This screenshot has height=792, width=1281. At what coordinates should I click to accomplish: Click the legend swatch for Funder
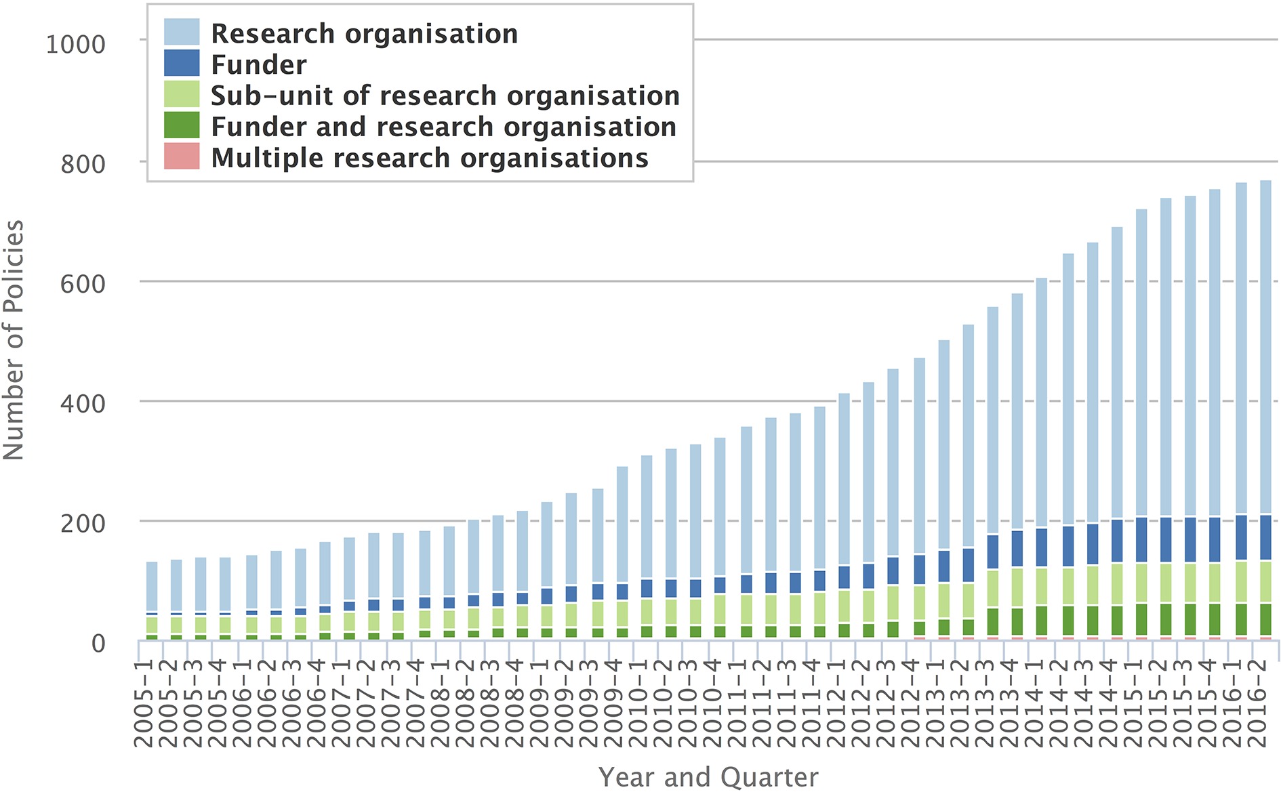pos(182,63)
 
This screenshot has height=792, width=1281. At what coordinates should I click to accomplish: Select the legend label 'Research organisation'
pos(364,34)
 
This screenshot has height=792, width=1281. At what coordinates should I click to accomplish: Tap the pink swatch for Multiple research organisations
pos(182,157)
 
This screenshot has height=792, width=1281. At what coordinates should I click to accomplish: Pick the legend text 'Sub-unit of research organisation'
pos(445,96)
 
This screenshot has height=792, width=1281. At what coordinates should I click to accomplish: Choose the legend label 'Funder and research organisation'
pos(443,127)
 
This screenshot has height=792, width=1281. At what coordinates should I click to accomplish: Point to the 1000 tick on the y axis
pos(75,45)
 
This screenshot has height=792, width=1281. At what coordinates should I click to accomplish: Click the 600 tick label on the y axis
pos(83,284)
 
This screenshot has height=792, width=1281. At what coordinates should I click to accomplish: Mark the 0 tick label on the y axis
pos(98,643)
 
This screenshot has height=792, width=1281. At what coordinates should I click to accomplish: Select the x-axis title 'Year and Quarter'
pos(708,777)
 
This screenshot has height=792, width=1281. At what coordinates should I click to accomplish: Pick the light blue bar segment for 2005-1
pos(152,587)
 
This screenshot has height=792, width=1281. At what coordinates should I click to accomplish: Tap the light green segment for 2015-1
pos(1141,583)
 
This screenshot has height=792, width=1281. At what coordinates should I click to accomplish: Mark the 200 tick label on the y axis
pos(83,524)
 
